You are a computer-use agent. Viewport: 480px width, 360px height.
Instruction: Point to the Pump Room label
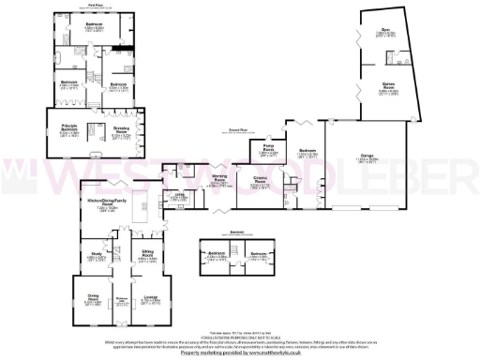pos(266,148)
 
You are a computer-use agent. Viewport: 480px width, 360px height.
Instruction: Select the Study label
pos(96,253)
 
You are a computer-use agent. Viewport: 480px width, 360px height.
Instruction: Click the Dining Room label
pos(93,300)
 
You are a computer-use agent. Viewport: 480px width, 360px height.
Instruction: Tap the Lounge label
pos(150,300)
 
